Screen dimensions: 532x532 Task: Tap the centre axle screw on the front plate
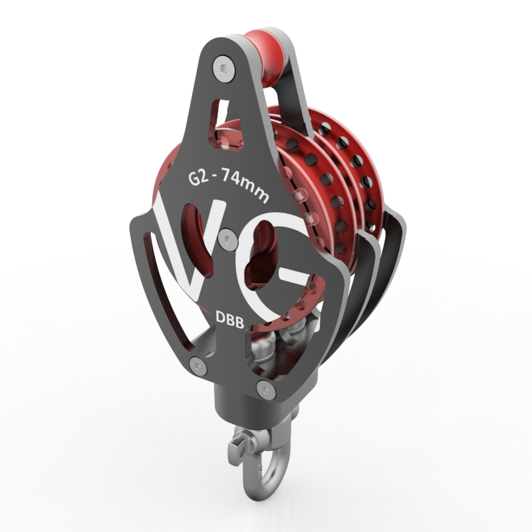228,240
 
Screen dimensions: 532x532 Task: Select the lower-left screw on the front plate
198,366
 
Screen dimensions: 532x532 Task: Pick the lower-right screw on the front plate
266,390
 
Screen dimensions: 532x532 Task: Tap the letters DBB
229,320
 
